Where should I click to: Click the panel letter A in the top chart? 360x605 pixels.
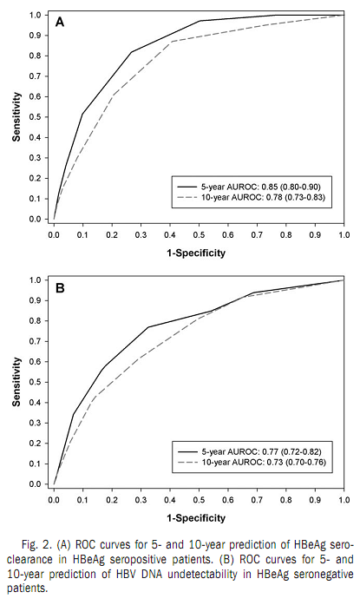[60, 22]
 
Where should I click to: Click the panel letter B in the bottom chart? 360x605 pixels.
[60, 288]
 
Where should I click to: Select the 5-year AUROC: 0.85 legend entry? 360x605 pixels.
[249, 187]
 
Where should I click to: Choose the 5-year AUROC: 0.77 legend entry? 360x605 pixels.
[249, 451]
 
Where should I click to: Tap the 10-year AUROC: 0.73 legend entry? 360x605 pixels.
[252, 462]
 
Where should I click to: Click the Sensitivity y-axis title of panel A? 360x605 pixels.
[16, 117]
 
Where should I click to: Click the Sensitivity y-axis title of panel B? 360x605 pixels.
[16, 382]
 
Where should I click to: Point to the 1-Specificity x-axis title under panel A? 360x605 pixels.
[196, 253]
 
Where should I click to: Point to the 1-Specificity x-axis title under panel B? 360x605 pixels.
[196, 518]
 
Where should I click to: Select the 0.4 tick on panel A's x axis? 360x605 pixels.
[170, 234]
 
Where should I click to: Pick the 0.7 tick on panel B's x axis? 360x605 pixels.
[257, 500]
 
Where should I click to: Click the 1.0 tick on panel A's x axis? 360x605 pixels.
[344, 234]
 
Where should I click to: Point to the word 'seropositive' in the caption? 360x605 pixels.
[156, 560]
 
